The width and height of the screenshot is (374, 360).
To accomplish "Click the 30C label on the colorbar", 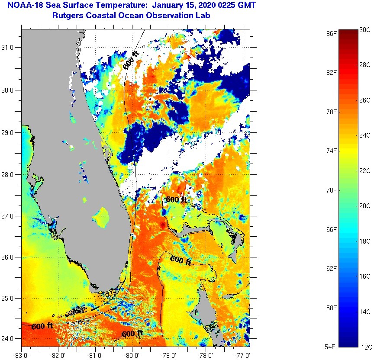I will point(365,29).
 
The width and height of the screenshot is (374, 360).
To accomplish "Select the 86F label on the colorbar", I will point(332,33).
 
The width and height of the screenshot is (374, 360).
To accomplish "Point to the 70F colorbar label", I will point(332,190).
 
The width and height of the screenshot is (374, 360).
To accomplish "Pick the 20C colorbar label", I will point(365,206).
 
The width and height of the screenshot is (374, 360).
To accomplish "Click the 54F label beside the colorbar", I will point(332,347).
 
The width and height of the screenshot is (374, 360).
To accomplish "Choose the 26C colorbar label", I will point(365,100).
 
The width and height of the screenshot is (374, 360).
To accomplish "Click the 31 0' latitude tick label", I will point(10,48).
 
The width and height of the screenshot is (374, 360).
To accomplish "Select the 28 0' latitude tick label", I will point(10,174).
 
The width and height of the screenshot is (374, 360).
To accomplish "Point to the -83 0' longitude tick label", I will point(21,356).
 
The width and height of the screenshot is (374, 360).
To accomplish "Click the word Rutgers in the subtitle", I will point(66,16).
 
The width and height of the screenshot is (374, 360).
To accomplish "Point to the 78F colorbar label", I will point(332,112).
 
